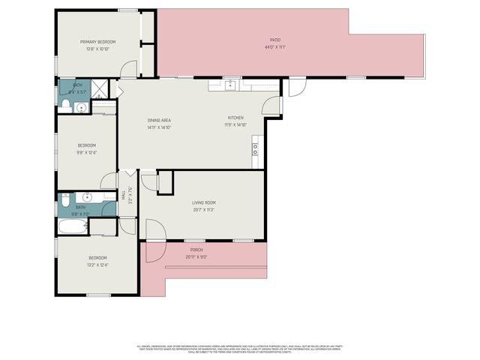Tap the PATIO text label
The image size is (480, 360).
pyautogui.click(x=275, y=40)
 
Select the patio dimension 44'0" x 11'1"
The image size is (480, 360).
pyautogui.click(x=275, y=46)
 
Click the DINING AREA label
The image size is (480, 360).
pyautogui.click(x=159, y=121)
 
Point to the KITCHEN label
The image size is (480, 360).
pyautogui.click(x=236, y=118)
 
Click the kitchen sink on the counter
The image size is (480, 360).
pyautogui.click(x=233, y=84)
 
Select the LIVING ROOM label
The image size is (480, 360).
pyautogui.click(x=204, y=202)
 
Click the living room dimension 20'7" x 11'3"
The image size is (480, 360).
pyautogui.click(x=204, y=209)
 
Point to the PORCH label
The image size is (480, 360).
pyautogui.click(x=196, y=250)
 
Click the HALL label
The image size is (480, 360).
pyautogui.click(x=124, y=195)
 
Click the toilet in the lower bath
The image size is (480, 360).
pyautogui.click(x=65, y=200)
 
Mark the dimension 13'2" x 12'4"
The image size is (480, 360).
pyautogui.click(x=98, y=264)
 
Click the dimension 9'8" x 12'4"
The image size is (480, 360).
pyautogui.click(x=87, y=152)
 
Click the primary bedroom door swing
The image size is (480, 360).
pyautogui.click(x=130, y=70)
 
